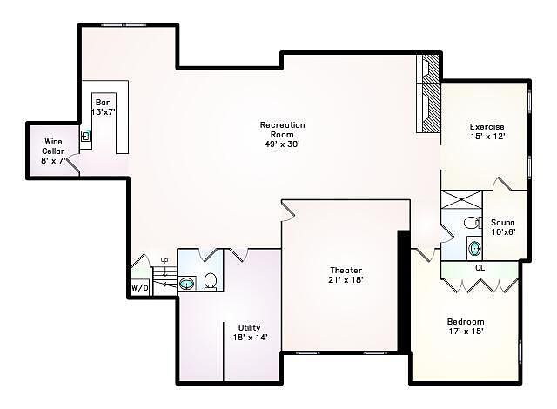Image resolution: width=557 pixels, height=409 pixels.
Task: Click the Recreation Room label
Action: tap(282, 130)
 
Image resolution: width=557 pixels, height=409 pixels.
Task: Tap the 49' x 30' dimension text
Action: tap(282, 144)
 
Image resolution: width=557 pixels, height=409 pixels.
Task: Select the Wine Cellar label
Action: tap(53, 146)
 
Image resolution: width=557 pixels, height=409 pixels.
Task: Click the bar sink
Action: tap(85, 136)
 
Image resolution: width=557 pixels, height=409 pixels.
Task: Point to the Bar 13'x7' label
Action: tap(103, 107)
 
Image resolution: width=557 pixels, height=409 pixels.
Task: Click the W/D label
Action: tap(140, 288)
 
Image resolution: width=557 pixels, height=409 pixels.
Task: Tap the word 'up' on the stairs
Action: tap(164, 260)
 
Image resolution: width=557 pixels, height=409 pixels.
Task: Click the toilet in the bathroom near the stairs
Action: tap(211, 282)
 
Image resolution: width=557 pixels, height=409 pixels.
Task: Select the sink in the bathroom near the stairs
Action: tap(187, 284)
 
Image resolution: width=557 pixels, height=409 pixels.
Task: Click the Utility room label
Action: tap(250, 332)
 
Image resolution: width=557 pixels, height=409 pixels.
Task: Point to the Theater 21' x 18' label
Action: tap(346, 275)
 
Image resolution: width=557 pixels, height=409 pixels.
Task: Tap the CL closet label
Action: tap(480, 268)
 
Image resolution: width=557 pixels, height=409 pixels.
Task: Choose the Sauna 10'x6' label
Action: tap(503, 227)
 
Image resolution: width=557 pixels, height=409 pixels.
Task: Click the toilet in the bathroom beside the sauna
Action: tap(472, 222)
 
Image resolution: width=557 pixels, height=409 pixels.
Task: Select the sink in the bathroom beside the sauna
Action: tap(474, 248)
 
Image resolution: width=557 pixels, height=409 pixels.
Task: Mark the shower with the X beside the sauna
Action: tap(461, 200)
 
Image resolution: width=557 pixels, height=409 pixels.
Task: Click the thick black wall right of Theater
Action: tap(404, 292)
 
